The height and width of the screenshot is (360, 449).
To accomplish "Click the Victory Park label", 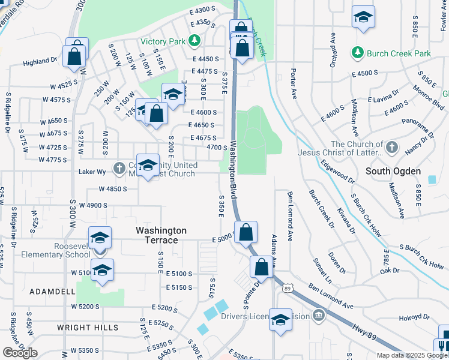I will coord(163,41).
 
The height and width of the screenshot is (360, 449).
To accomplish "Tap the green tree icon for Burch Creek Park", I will coord(358,53).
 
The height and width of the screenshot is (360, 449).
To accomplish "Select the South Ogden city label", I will coord(393,171).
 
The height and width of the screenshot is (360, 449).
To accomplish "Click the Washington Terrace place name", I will coord(161,235).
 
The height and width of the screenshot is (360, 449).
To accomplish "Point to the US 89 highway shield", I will coord(287,289).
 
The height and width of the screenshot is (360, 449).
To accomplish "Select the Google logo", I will coord(20,353).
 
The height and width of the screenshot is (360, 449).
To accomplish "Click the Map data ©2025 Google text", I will coord(412,355).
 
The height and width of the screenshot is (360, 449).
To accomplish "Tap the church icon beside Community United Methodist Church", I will coord(119,169).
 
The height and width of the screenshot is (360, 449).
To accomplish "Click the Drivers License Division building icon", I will coord(318,316).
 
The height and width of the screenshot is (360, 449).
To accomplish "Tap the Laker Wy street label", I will coord(92,172).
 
